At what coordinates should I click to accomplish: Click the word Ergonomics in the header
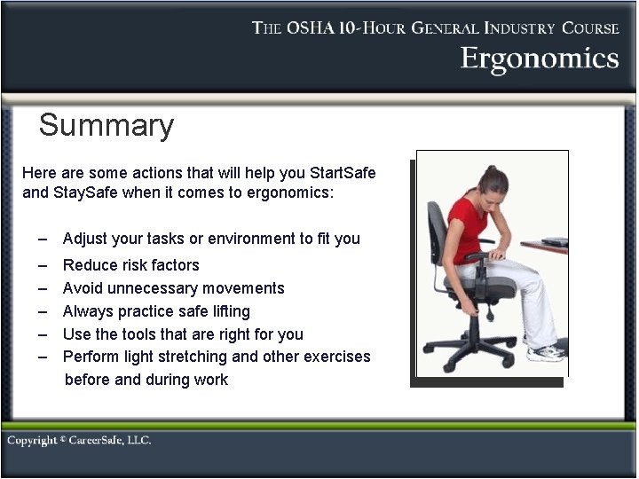pos(539,59)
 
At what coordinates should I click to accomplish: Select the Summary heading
pos(106,125)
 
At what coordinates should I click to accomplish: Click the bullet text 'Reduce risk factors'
pos(131,265)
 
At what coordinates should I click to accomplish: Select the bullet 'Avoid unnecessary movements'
pos(173,288)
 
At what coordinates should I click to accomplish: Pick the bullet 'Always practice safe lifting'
pos(156,311)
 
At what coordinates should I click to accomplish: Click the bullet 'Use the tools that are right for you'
pos(183,334)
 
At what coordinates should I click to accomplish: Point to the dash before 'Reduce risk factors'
pos(43,265)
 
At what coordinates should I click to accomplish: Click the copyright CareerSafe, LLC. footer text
pos(79,441)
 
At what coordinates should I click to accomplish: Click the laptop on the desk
pos(555,241)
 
